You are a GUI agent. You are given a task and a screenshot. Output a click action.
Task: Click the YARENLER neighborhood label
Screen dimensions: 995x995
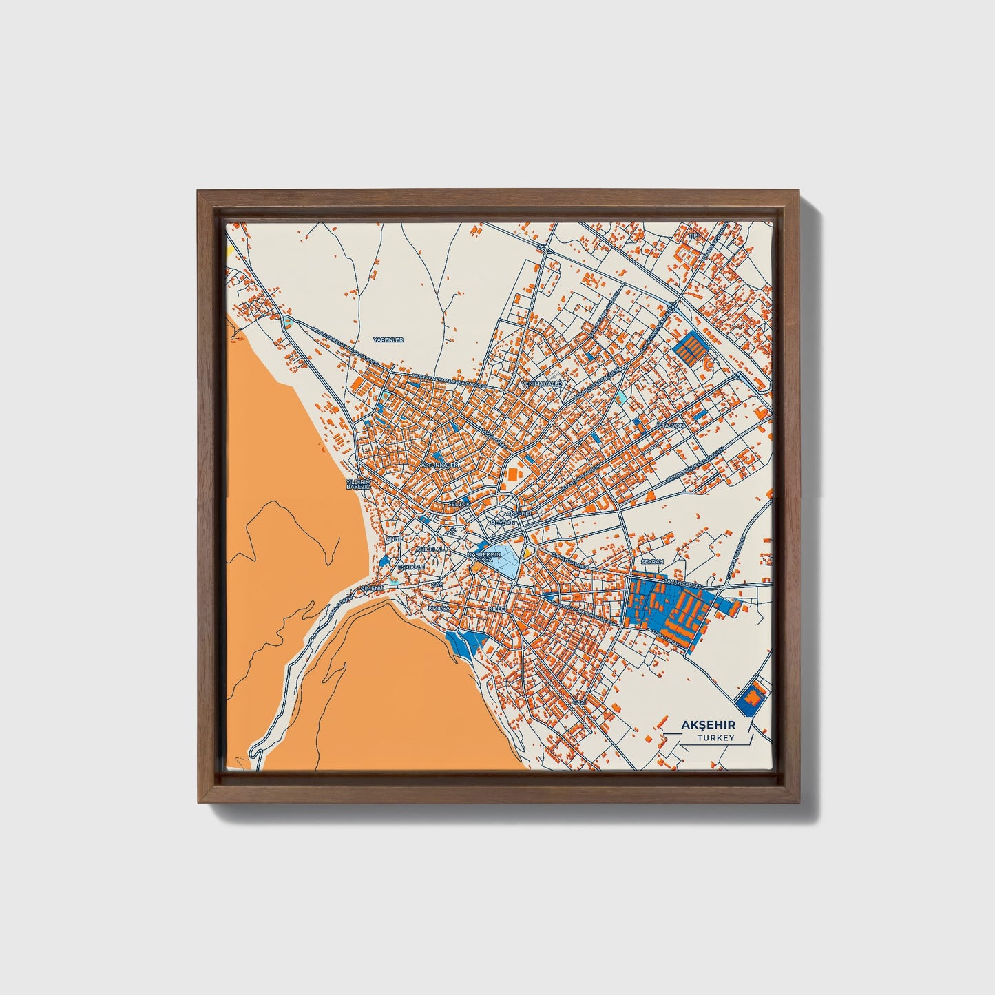pos(388,340)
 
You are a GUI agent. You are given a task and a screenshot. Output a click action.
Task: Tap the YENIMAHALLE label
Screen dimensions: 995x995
pos(543,383)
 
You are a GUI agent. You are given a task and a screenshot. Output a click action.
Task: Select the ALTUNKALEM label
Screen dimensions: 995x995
pos(439,465)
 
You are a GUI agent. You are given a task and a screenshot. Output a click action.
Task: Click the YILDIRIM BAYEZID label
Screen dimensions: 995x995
pos(358,483)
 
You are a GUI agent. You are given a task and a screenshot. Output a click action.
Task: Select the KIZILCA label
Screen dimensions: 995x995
pos(439,609)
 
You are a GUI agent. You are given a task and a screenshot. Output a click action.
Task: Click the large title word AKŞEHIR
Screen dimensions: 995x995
pos(708,725)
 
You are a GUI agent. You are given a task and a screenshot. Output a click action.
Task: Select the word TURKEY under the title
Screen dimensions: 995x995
pos(715,738)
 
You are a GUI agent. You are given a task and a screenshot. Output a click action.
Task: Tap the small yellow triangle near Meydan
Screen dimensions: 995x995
pos(528,552)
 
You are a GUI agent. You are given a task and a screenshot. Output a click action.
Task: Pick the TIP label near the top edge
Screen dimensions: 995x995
pos(694,237)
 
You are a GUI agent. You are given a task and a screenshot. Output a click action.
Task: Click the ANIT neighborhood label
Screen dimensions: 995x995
pos(392,538)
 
